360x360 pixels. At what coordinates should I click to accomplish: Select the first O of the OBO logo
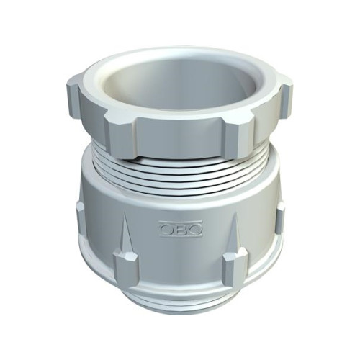coord(166,229)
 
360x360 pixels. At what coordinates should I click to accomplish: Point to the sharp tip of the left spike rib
coord(125,215)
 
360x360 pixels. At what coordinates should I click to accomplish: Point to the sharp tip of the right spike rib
coord(236,213)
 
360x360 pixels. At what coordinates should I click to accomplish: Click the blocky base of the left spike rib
coord(125,266)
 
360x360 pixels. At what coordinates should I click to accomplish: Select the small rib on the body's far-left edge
coord(81,221)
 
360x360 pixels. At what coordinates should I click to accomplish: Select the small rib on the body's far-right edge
coord(280,218)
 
